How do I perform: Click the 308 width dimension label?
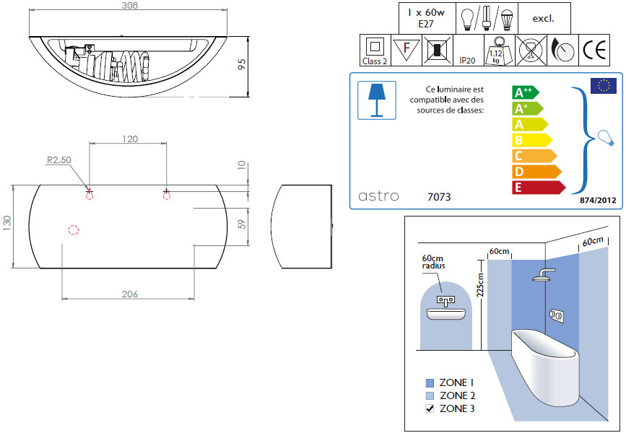tap(130, 5)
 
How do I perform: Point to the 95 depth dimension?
tap(242, 65)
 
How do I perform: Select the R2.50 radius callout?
tap(59, 160)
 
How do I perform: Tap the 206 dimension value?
tap(130, 294)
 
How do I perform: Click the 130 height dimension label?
tap(7, 223)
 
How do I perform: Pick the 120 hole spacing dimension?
tap(130, 139)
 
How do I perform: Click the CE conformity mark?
tap(594, 51)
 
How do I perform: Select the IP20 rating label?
tap(467, 61)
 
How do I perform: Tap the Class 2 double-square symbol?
tap(375, 46)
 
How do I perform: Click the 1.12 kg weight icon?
tap(499, 51)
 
